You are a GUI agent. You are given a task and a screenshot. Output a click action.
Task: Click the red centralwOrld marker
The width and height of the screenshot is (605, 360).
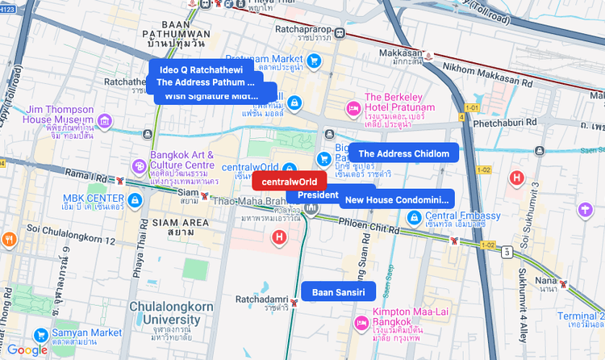pos(289,182)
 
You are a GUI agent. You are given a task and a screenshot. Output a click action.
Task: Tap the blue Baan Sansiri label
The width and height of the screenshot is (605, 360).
pos(339,291)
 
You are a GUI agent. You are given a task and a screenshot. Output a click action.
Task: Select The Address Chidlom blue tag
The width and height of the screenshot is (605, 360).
pos(403,153)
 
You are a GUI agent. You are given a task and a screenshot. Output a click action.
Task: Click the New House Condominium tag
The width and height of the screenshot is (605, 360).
pos(396,199)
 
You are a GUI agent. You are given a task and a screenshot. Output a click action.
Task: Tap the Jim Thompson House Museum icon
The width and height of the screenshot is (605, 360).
pos(104,121)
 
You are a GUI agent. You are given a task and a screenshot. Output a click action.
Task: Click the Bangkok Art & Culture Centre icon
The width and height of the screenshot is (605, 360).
pos(140,165)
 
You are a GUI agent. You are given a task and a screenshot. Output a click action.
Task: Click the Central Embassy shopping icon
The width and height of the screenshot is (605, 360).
pos(414,216)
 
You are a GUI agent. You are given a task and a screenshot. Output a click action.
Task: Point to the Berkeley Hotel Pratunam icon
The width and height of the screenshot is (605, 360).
pos(353,108)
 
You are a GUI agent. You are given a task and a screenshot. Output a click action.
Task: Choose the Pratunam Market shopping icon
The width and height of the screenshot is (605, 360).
pos(315,61)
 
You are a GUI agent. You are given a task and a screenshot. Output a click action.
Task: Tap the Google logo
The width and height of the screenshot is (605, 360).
pos(27,350)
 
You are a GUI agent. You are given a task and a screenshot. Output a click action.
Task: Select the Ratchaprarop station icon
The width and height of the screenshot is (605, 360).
pos(340,34)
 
